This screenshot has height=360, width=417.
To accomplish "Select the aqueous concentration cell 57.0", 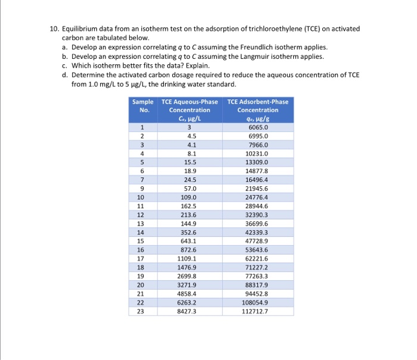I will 189,188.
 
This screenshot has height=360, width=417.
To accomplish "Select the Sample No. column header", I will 142,106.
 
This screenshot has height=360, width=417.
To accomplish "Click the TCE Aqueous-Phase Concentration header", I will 189,106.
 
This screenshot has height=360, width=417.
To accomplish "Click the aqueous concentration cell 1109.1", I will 189,259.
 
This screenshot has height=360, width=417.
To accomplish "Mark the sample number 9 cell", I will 141,188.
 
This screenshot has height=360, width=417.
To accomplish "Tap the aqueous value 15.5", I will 189,161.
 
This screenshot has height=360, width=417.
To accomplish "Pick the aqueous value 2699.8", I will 189,276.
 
